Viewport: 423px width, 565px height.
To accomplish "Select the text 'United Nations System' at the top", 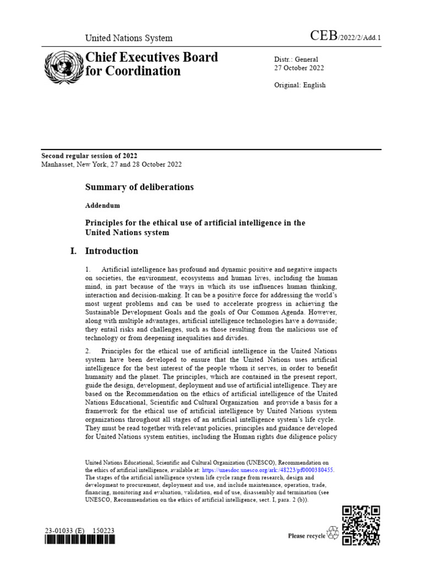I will point(128,38).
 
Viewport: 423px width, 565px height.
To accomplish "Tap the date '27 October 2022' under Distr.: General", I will point(299,68).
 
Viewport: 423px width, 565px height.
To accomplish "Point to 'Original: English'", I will point(300,85).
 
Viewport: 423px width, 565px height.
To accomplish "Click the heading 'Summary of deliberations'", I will point(139,187).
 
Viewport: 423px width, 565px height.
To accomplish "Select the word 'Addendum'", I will point(102,205).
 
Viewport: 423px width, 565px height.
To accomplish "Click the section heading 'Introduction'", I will point(112,251).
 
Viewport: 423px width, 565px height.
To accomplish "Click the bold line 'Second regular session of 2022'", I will point(90,156).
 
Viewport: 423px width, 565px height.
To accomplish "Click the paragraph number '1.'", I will point(88,269).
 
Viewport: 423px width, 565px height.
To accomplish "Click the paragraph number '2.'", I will point(88,351).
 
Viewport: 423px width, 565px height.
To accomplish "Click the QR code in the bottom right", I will point(361,525).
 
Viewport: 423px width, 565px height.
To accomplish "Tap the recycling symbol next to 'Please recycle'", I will point(333,533).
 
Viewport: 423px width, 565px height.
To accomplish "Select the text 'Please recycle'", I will point(307,536).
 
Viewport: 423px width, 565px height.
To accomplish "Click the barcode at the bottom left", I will point(79,541).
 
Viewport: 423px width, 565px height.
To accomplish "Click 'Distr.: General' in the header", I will point(296,60).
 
